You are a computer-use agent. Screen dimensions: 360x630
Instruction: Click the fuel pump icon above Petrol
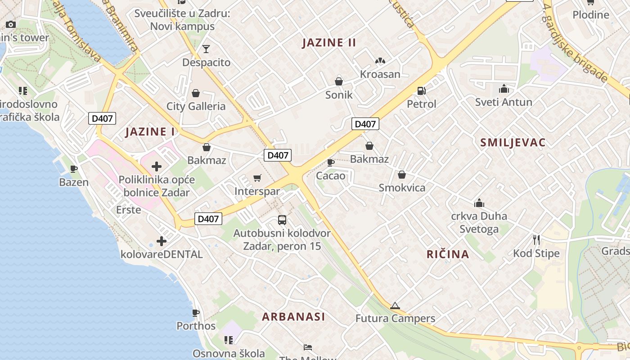tap(421, 91)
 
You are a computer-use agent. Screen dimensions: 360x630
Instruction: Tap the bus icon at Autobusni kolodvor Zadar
tap(282, 220)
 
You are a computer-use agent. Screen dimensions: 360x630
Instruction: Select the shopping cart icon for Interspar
tap(257, 178)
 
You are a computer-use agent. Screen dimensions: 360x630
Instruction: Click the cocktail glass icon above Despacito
tap(206, 49)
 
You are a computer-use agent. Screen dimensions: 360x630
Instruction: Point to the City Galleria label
tap(196, 107)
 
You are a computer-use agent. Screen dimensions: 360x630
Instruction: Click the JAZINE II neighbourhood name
tap(329, 43)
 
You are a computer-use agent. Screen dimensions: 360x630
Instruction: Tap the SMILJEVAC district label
tap(513, 143)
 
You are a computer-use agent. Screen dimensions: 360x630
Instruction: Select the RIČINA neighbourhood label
tap(448, 254)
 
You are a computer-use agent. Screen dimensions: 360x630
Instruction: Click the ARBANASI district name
tap(293, 316)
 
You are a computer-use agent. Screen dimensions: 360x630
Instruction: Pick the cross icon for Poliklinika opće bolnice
tap(157, 166)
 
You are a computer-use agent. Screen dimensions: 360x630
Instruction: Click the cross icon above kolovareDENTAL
tap(162, 241)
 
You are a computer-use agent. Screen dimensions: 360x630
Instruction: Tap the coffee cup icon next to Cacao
tap(331, 162)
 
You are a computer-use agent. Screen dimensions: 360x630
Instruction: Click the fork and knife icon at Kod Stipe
tap(536, 239)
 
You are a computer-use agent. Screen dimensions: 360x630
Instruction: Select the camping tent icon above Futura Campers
tap(395, 306)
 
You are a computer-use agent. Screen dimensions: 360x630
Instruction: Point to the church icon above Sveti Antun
tap(504, 89)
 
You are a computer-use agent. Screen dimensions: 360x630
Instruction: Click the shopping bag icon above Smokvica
tap(401, 175)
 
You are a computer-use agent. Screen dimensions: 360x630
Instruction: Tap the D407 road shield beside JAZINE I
tap(103, 118)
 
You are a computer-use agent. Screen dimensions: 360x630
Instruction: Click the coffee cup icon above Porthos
tap(196, 312)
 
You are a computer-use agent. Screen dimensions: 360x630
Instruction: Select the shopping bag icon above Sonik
tap(338, 81)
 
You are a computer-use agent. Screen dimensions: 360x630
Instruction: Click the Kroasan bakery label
tap(380, 74)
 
